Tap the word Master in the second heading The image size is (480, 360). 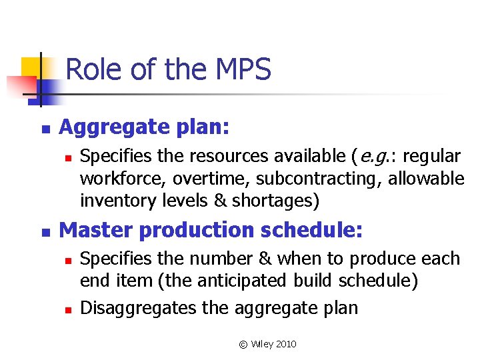click(95, 230)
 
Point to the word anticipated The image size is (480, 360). click(245, 281)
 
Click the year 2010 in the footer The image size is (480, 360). click(285, 344)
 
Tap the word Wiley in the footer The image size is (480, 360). click(261, 344)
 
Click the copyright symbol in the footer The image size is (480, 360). click(243, 345)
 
